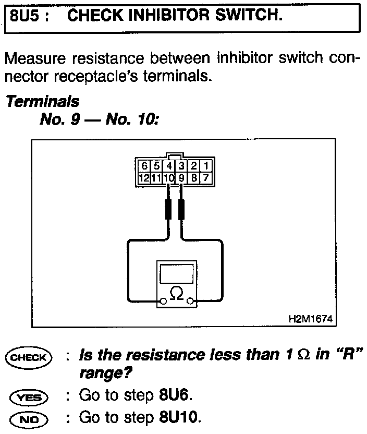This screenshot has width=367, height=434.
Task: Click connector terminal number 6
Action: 144,166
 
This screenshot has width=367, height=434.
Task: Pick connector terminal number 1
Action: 206,166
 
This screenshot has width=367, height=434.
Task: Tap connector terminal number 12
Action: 144,178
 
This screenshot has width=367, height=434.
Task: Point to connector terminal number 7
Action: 206,178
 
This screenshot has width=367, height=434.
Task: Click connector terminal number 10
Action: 169,178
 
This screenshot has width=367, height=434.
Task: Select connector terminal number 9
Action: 182,178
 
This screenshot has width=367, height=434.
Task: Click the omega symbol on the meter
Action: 177,295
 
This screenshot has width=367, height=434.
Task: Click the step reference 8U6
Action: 175,396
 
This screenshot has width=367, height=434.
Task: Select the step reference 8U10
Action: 179,418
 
